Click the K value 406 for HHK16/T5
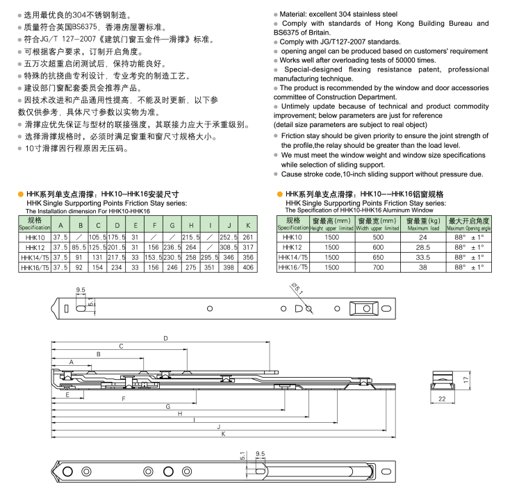(x=248, y=267)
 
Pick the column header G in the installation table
(x=172, y=226)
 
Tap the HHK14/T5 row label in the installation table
(x=34, y=257)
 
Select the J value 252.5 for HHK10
(x=229, y=237)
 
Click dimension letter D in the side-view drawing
(x=165, y=339)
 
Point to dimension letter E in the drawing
(x=67, y=394)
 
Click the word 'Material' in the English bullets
(x=297, y=13)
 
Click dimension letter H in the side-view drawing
(x=180, y=413)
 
